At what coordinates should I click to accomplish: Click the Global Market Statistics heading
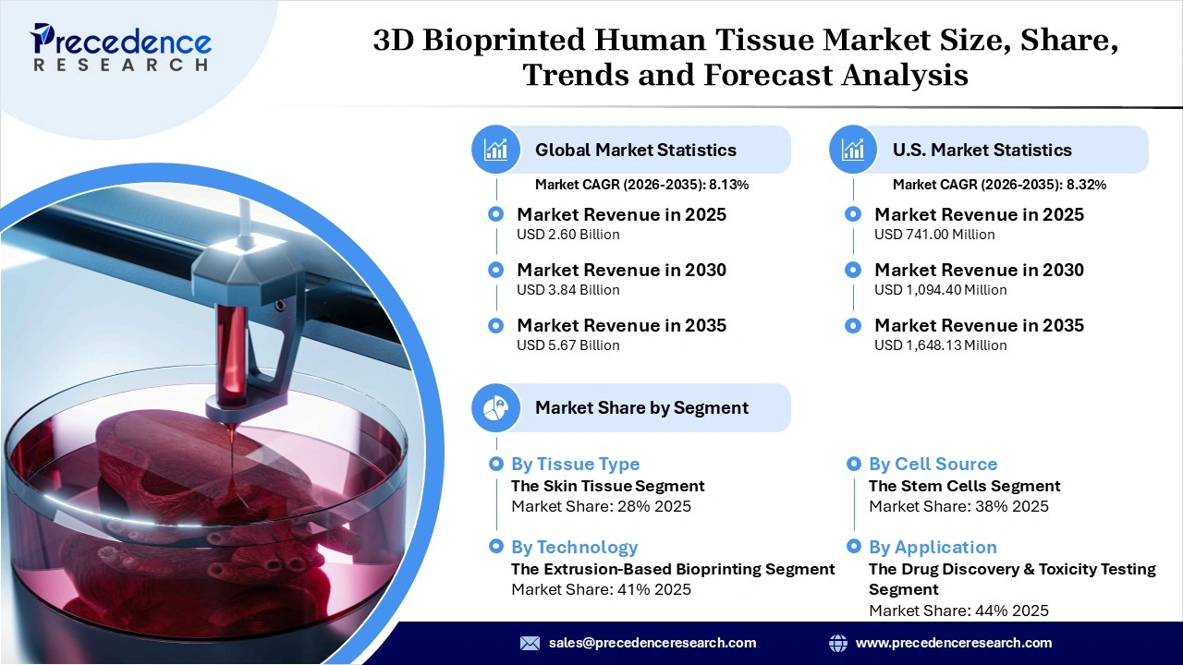click(635, 150)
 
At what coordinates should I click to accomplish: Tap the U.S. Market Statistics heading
click(982, 150)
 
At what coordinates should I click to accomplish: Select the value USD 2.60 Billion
click(567, 235)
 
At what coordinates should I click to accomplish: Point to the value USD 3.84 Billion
click(567, 290)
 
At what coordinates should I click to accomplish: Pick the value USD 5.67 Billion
click(567, 345)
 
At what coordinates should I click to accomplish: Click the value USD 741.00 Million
click(934, 235)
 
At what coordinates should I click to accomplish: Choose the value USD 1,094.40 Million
click(940, 290)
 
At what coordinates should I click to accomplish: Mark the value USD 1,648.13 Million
click(940, 345)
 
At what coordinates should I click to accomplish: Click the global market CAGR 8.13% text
click(641, 185)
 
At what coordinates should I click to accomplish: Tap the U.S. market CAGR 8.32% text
click(999, 185)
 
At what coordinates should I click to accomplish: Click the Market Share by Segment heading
click(641, 408)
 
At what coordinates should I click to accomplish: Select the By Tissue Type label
click(575, 464)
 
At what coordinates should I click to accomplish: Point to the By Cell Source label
click(933, 464)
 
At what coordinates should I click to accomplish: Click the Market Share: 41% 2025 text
click(601, 589)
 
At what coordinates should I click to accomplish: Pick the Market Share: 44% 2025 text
click(958, 611)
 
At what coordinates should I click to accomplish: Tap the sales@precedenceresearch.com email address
click(652, 643)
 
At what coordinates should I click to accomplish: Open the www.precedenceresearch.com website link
click(953, 643)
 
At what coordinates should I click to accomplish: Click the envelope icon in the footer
click(530, 643)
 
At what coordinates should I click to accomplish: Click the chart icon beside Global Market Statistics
click(496, 150)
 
